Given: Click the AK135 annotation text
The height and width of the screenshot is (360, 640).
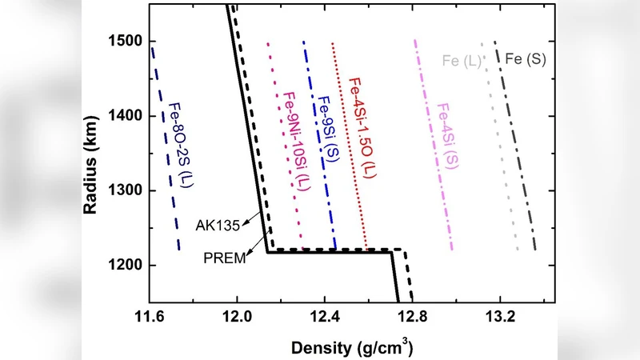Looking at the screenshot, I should [214, 225].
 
